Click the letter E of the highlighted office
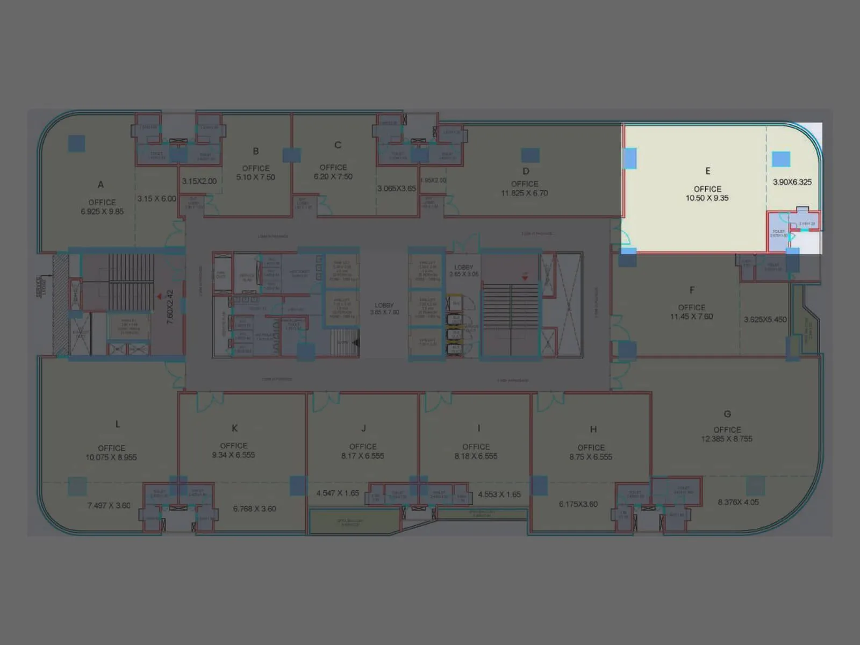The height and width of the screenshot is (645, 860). pyautogui.click(x=707, y=171)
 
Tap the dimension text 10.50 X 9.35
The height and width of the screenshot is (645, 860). pyautogui.click(x=707, y=198)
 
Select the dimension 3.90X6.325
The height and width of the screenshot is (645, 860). pyautogui.click(x=792, y=182)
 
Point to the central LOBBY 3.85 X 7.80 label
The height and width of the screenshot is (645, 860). pyautogui.click(x=384, y=309)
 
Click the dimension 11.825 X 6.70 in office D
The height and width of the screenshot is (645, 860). pyautogui.click(x=525, y=193)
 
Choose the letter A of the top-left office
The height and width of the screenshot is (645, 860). pyautogui.click(x=101, y=185)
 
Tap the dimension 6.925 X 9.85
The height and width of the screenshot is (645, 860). pyautogui.click(x=102, y=212)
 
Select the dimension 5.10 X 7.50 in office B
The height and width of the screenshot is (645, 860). pyautogui.click(x=255, y=177)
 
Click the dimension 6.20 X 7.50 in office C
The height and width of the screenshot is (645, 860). pyautogui.click(x=333, y=177)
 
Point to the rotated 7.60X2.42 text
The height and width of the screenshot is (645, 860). pyautogui.click(x=170, y=307)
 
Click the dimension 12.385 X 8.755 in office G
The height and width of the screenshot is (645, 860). pyautogui.click(x=727, y=439)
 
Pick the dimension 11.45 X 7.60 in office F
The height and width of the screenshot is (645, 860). pyautogui.click(x=691, y=317)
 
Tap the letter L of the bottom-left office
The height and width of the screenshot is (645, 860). pyautogui.click(x=118, y=425)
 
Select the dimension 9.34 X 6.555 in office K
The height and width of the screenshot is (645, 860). pyautogui.click(x=233, y=455)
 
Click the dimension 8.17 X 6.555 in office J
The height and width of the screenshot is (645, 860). pyautogui.click(x=363, y=456)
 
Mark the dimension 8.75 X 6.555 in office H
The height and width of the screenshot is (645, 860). pyautogui.click(x=591, y=457)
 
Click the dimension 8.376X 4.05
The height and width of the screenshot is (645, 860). pyautogui.click(x=738, y=503)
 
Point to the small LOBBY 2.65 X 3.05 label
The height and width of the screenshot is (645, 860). pyautogui.click(x=463, y=271)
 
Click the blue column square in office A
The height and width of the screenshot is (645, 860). pyautogui.click(x=76, y=144)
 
